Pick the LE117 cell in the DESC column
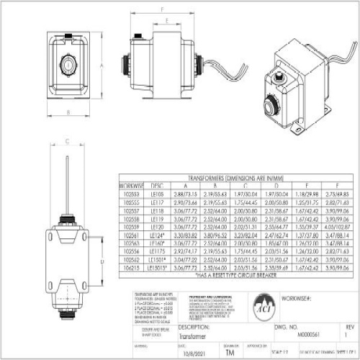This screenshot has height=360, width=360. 157,203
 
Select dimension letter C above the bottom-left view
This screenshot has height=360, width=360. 66,141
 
